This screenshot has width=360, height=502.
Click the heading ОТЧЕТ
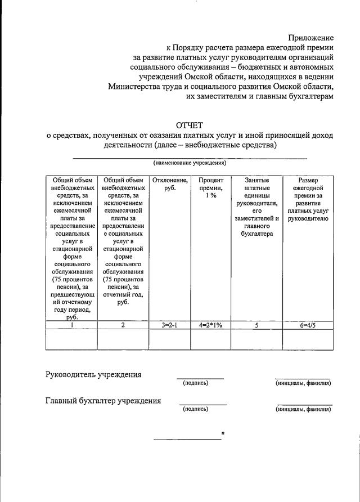point(189,124)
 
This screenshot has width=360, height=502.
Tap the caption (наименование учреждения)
point(190,163)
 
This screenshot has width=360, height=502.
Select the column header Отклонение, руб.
point(170,184)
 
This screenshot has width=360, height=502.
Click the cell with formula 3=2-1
point(170,325)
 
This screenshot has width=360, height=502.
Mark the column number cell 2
point(123,325)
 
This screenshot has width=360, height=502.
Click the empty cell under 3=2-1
point(170,339)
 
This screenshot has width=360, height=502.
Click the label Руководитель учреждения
point(93,375)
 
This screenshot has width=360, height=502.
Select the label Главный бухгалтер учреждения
point(103,401)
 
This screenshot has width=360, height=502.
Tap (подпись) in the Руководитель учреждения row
point(196,383)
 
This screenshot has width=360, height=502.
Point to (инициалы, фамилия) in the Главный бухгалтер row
point(303,410)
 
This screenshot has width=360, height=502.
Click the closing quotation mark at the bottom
point(223,433)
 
